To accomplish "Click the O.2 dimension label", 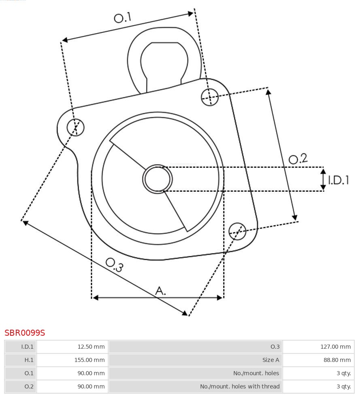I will point(298,159).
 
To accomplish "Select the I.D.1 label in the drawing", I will point(339,180).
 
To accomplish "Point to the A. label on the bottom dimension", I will point(160,290).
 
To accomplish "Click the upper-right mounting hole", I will point(210,97).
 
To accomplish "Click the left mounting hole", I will point(75,127).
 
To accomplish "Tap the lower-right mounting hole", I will point(237,231).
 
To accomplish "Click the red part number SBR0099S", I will point(25,333).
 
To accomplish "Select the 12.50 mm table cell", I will point(72,347).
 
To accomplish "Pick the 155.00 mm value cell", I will point(72,360).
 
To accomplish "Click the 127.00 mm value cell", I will point(318,347).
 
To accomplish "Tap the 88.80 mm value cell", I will point(318,360).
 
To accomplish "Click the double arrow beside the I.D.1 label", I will point(323,180).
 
